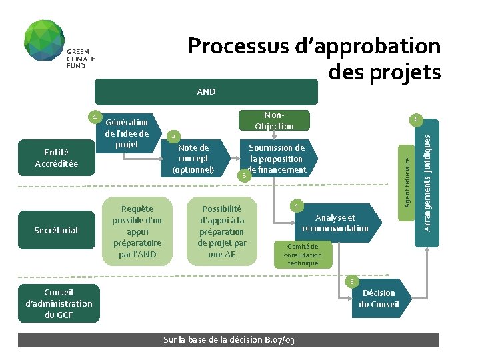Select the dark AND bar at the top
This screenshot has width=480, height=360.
(206, 92)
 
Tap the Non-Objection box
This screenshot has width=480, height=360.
(274, 121)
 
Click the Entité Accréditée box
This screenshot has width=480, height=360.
(57, 158)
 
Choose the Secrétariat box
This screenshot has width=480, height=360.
(57, 230)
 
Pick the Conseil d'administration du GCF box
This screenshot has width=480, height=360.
(59, 303)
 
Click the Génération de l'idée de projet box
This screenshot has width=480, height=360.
(127, 133)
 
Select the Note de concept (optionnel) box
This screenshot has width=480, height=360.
(193, 159)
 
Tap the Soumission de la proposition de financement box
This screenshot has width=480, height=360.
(277, 159)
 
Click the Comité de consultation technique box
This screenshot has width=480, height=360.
(303, 255)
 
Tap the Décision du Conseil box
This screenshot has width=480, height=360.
(379, 298)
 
